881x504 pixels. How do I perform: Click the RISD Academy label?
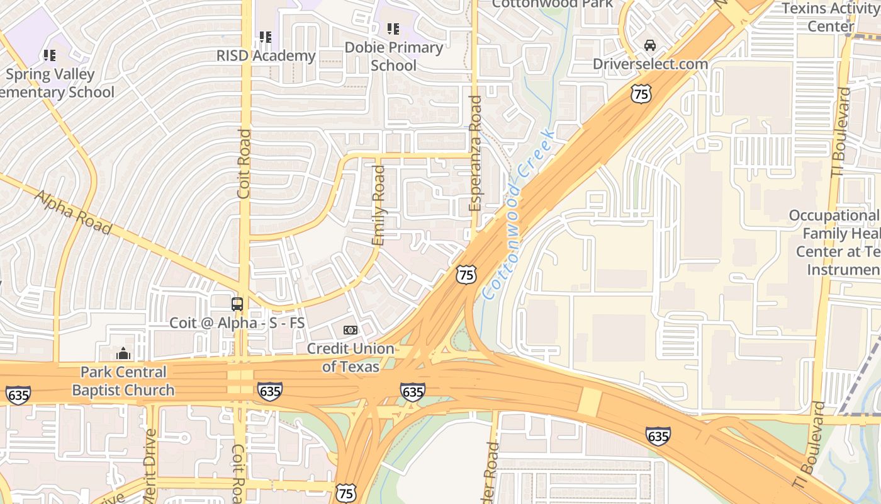(266, 55)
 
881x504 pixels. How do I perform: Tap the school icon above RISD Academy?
(266, 37)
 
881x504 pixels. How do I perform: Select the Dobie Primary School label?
(393, 56)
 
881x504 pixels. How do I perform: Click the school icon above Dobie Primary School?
(393, 28)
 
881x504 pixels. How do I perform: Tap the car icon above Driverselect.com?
(650, 45)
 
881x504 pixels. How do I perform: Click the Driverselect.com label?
(650, 64)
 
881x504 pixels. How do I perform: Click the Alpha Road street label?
(73, 212)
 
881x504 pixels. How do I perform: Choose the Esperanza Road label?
(475, 153)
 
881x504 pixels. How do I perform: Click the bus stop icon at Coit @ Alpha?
(237, 304)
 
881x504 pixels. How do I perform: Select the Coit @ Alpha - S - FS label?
(237, 323)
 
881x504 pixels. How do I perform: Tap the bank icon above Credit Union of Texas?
(351, 329)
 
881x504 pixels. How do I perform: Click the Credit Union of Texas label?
(351, 357)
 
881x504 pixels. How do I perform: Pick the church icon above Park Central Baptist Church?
(123, 353)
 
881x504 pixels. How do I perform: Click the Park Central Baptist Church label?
(123, 381)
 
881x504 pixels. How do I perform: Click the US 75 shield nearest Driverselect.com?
(641, 94)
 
